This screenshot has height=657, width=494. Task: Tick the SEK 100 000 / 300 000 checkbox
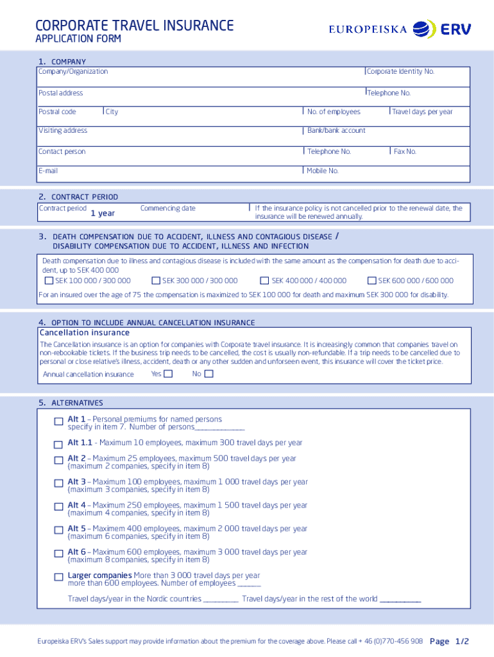49,280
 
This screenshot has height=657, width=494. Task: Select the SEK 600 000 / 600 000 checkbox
371,280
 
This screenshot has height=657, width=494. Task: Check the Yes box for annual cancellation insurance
168,374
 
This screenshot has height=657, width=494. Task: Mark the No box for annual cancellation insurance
208,374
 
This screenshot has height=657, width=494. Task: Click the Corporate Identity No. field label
400,71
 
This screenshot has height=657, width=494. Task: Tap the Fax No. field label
405,151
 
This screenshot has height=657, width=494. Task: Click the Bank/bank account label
336,130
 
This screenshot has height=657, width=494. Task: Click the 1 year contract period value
103,213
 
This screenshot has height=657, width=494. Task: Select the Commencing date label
167,208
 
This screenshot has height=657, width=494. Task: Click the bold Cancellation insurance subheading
85,332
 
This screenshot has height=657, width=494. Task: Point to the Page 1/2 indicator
449,641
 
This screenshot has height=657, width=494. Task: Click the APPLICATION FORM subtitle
78,39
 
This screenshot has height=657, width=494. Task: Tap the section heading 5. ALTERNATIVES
71,403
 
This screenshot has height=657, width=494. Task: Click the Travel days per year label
422,112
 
